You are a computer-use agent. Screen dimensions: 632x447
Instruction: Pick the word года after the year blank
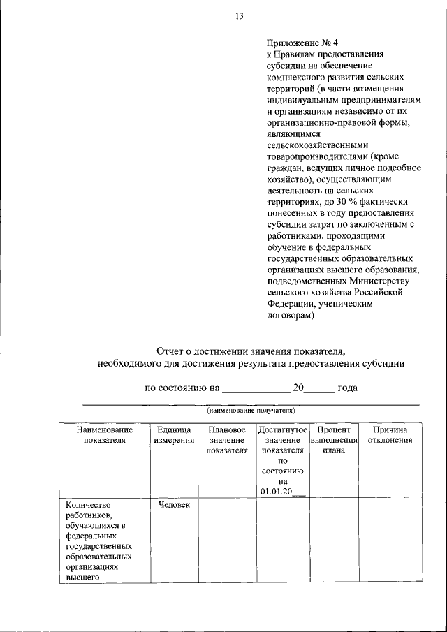tap(347, 388)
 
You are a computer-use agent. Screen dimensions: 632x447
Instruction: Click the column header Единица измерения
tap(174, 435)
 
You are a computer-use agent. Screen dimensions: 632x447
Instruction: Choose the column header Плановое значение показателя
tap(227, 440)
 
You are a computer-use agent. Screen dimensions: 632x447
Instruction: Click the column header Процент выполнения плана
tap(334, 440)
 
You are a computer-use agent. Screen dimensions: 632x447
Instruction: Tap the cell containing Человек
tap(174, 505)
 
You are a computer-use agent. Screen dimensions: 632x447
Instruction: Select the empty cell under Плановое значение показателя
tap(227, 541)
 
